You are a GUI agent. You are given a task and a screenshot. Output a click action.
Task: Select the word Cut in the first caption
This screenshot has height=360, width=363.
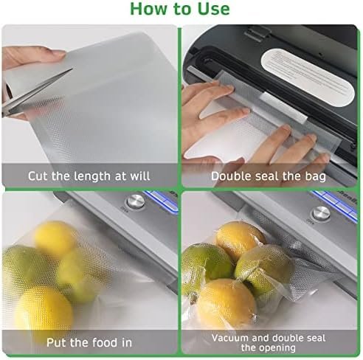37,176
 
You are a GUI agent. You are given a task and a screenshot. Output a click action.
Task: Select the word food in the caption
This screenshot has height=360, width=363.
102,342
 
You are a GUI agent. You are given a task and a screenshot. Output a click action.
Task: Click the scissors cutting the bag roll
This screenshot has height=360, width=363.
35,94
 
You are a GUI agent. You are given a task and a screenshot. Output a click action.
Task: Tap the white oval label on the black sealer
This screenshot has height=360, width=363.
308,77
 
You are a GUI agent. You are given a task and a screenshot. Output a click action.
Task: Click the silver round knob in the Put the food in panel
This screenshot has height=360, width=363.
136,202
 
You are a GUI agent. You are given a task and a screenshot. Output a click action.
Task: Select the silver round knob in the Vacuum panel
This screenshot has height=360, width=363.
321,213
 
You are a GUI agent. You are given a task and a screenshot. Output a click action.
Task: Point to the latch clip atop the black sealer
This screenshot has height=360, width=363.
257,32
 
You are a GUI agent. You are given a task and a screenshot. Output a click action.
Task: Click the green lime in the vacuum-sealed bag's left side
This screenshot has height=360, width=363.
206,267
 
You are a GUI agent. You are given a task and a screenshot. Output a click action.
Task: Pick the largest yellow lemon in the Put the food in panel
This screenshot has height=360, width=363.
44,311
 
